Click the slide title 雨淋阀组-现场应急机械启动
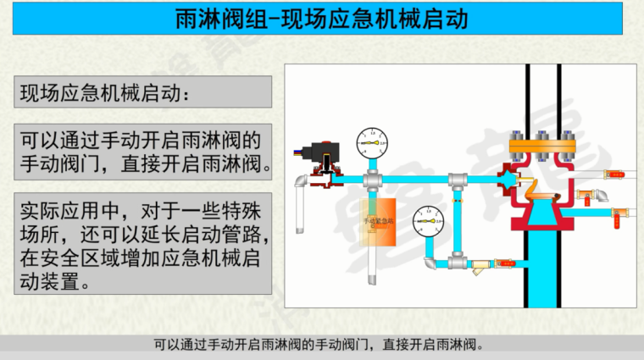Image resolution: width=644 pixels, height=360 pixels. (x=322, y=19)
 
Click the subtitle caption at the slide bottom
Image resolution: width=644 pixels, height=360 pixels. (x=322, y=345)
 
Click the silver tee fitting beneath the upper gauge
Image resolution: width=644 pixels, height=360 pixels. (x=371, y=180)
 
